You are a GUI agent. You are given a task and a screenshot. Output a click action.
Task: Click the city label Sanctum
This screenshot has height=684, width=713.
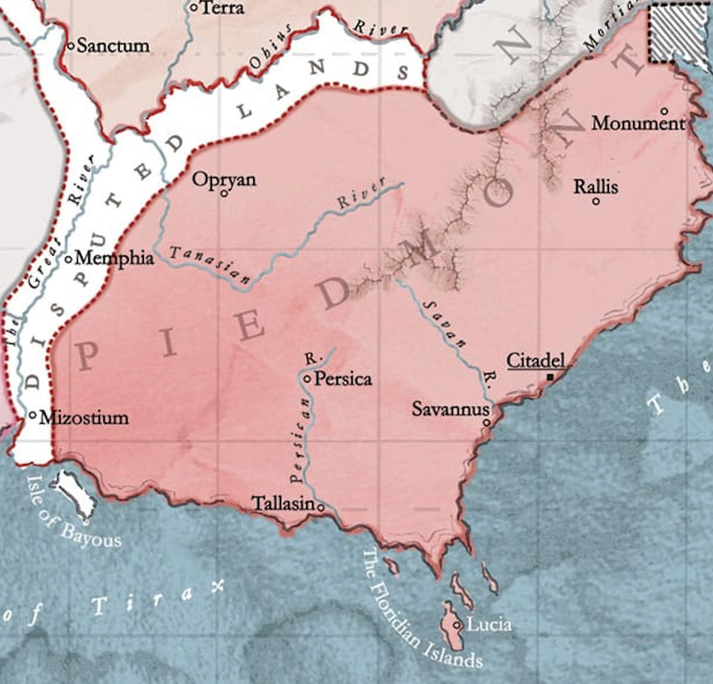pos(113,46)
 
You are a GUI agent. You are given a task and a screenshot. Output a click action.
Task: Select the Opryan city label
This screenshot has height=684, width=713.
pos(224,180)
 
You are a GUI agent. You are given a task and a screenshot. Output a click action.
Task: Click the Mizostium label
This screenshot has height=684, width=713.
pos(84,417)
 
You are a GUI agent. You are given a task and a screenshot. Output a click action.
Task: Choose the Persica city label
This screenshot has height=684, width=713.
pos(343,379)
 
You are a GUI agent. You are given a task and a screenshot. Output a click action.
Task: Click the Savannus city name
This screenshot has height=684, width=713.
pos(451,409)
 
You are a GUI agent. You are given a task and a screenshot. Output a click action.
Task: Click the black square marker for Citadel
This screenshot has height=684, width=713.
pos(551,377)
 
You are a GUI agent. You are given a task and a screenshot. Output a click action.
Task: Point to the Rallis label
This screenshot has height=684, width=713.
pos(595,187)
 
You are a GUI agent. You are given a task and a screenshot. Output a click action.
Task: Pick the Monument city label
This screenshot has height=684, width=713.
pos(638,123)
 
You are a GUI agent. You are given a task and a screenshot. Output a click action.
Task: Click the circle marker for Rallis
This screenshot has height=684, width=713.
pos(596,201)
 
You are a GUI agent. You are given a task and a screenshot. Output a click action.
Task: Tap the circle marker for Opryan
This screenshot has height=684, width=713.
pos(223,194)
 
